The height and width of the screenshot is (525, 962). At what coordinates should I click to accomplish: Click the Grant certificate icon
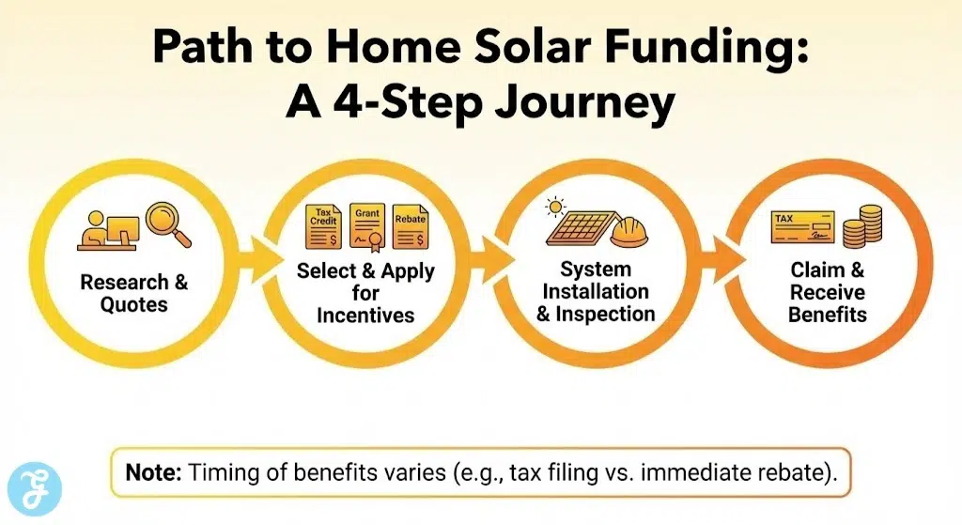click(367, 226)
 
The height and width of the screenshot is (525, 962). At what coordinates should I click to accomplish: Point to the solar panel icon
click(577, 229)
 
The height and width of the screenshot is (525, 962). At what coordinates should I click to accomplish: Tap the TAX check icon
click(802, 227)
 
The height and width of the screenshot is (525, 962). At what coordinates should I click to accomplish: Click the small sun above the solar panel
click(557, 204)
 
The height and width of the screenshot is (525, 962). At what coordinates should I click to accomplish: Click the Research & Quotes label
click(134, 292)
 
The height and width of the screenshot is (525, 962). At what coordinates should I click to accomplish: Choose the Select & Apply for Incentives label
click(365, 292)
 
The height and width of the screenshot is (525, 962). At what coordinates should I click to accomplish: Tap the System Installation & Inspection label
click(596, 292)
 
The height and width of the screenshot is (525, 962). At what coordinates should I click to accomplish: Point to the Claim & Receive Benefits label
click(827, 292)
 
